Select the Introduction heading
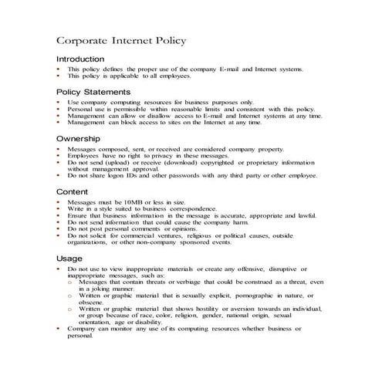pos(79,59)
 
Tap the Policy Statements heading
pos(94,92)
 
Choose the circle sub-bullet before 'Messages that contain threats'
pos(71,282)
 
